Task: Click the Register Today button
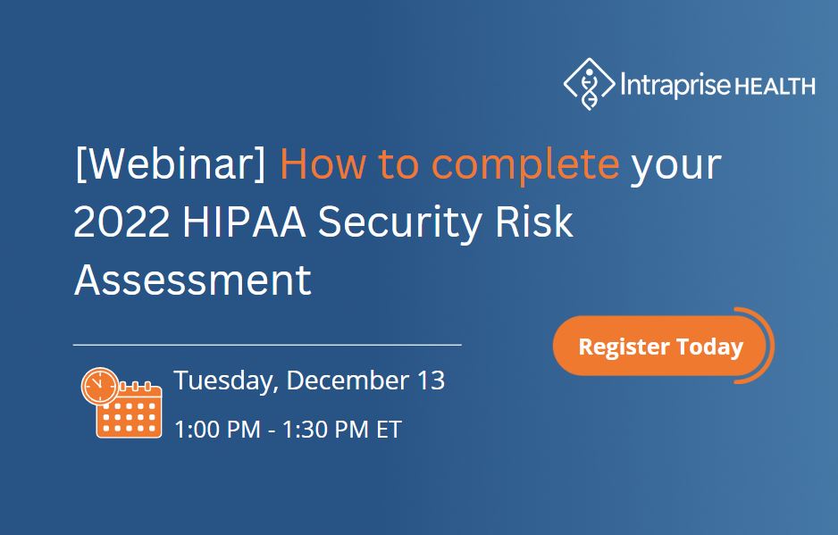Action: [660, 347]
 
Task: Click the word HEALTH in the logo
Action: [775, 87]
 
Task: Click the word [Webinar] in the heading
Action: [171, 166]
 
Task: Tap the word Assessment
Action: [192, 280]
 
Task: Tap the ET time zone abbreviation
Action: [389, 430]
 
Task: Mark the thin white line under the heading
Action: [267, 343]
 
